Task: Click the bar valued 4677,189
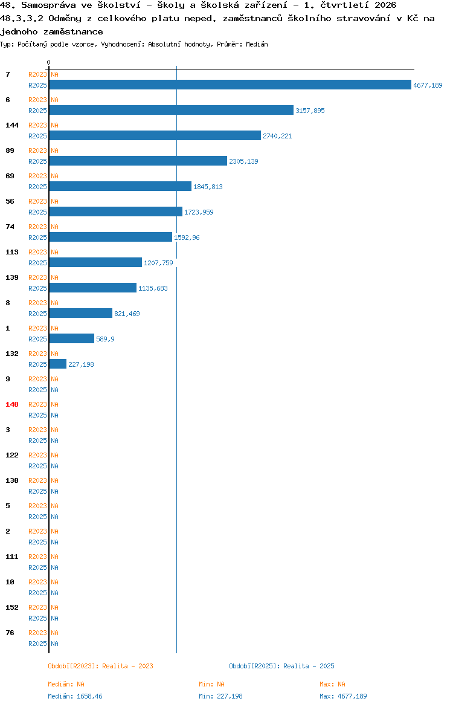point(230,85)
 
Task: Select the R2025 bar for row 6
point(172,110)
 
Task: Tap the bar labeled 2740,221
point(155,135)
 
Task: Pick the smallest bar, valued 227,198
point(58,364)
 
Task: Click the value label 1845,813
point(208,187)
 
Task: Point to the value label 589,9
point(105,339)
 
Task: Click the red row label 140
point(12,404)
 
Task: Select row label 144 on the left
point(12,125)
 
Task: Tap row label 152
point(12,607)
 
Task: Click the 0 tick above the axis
point(49,62)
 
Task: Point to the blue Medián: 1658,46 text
point(75,696)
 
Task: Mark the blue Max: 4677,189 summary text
point(343,696)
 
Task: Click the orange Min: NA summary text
point(211,685)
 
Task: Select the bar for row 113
point(95,262)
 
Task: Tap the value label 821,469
point(127,314)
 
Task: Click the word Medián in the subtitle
point(257,44)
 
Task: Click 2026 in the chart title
point(385,5)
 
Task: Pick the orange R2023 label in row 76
point(37,633)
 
